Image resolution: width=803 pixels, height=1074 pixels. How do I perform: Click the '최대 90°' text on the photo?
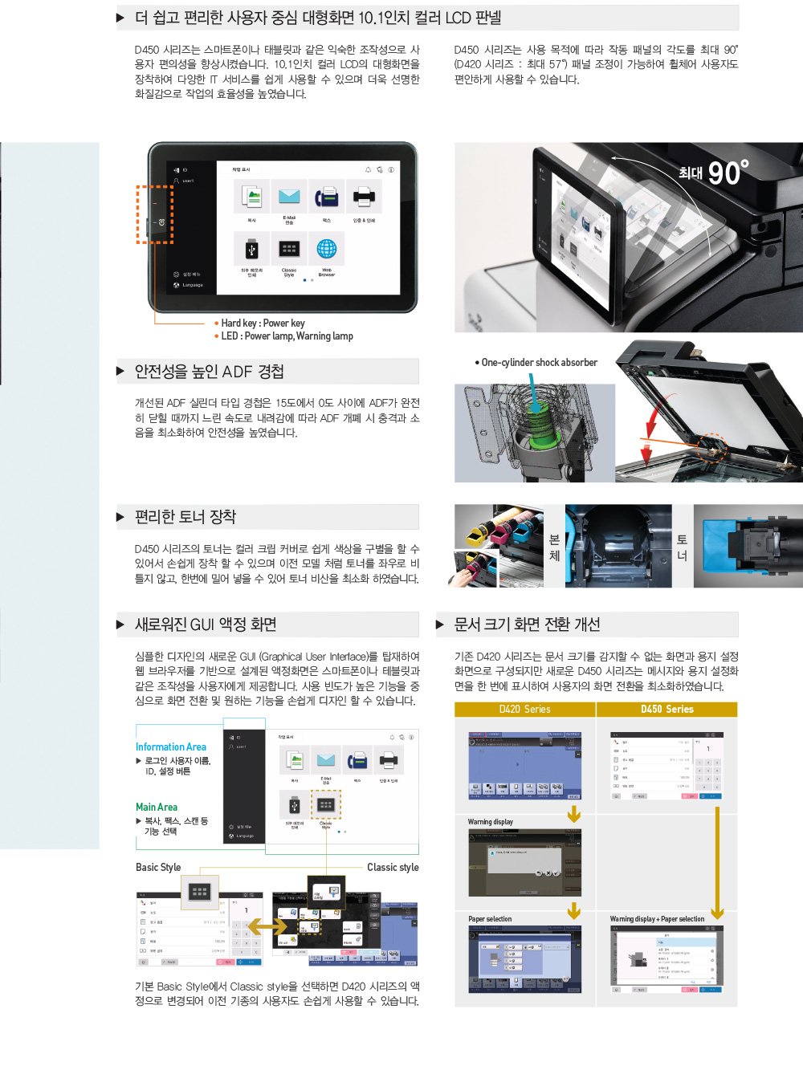pyautogui.click(x=713, y=173)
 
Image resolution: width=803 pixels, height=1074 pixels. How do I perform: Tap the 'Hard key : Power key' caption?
pyautogui.click(x=263, y=323)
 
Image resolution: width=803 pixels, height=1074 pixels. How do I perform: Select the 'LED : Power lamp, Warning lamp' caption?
pyautogui.click(x=287, y=336)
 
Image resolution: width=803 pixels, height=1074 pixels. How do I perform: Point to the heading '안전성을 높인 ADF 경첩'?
pyautogui.click(x=209, y=372)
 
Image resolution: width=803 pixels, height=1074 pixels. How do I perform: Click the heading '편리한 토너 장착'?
pyautogui.click(x=185, y=517)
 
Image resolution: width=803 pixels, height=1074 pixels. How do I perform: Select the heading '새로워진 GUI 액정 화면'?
pyautogui.click(x=206, y=624)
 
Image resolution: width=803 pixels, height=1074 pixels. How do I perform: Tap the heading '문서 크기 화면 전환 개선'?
pyautogui.click(x=527, y=624)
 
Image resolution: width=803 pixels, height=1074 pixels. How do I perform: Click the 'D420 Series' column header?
pyautogui.click(x=524, y=710)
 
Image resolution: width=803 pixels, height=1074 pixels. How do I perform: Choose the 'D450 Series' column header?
pyautogui.click(x=666, y=710)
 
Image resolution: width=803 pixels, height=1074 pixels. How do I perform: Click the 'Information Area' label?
pyautogui.click(x=170, y=747)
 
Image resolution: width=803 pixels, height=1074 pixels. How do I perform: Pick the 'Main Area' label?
pyautogui.click(x=157, y=808)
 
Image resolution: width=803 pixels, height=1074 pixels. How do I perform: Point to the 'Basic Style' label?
pyautogui.click(x=158, y=868)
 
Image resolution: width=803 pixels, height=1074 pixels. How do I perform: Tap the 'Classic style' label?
pyautogui.click(x=393, y=868)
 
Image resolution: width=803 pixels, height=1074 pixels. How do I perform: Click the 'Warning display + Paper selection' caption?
pyautogui.click(x=657, y=919)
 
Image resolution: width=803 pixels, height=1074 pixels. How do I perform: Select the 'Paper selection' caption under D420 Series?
pyautogui.click(x=490, y=919)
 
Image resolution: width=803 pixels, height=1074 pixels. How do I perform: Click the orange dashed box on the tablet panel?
pyautogui.click(x=154, y=214)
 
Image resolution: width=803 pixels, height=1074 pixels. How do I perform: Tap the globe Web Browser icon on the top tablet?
pyautogui.click(x=326, y=250)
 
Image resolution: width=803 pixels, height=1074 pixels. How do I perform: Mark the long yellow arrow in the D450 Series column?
pyautogui.click(x=717, y=863)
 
